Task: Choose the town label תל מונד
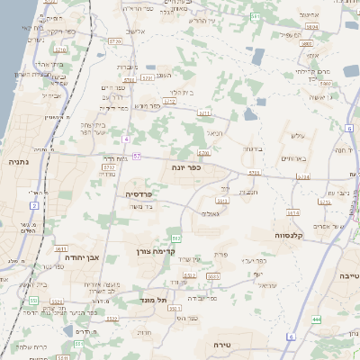pos(155,300)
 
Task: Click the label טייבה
pos(348,276)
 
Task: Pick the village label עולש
pos(298,136)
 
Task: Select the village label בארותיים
pos(294,158)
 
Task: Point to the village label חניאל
pos(216,133)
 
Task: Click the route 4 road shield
pos(127,139)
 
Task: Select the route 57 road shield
pos(136,156)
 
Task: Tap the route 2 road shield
pos(34,206)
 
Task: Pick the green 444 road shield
pos(317,319)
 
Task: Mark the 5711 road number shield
pos(204,113)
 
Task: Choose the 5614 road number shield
pos(293,213)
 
